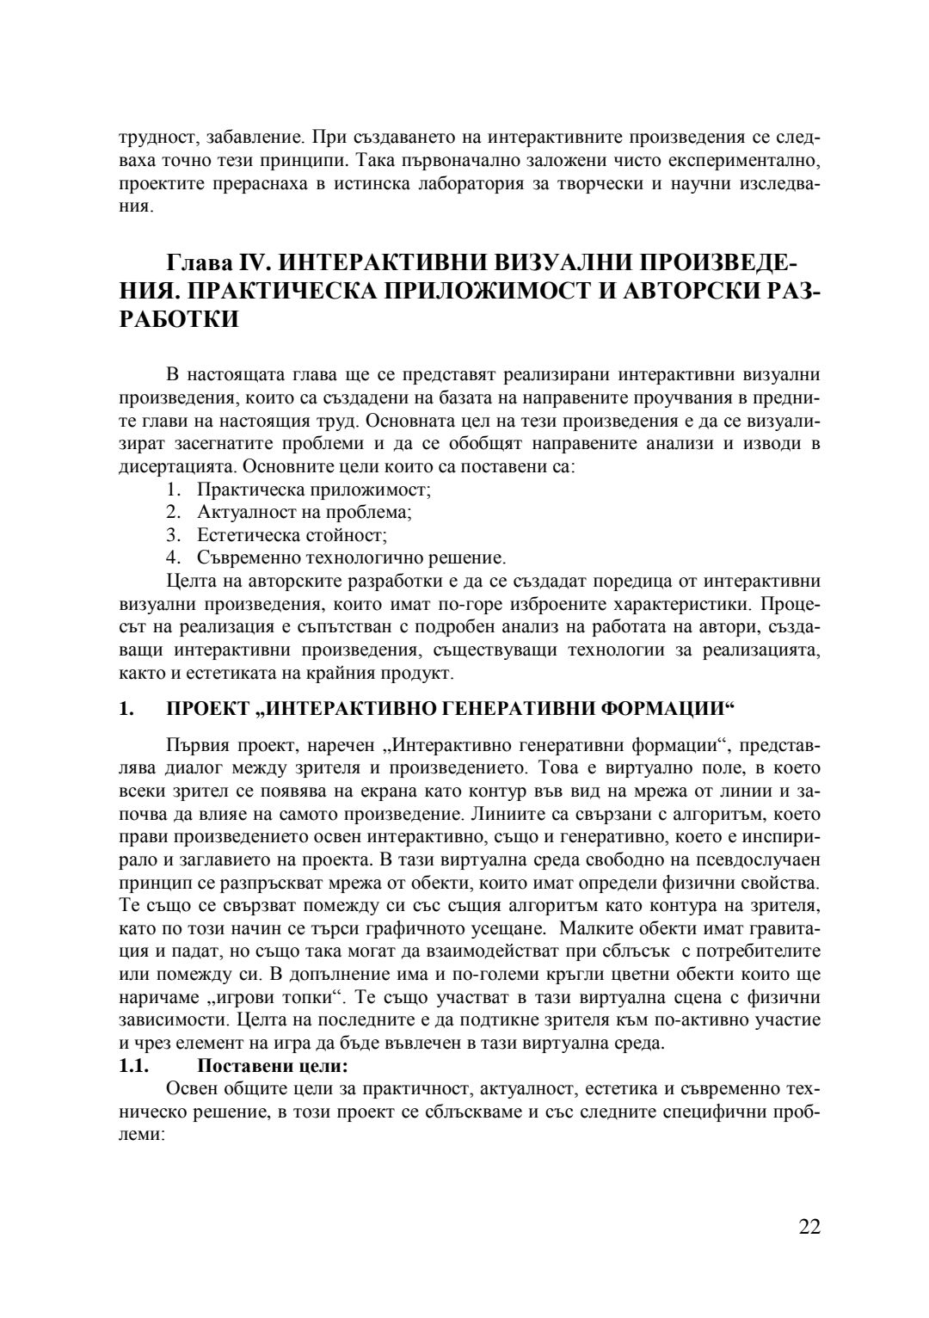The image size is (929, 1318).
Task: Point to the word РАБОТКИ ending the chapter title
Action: (x=178, y=319)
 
